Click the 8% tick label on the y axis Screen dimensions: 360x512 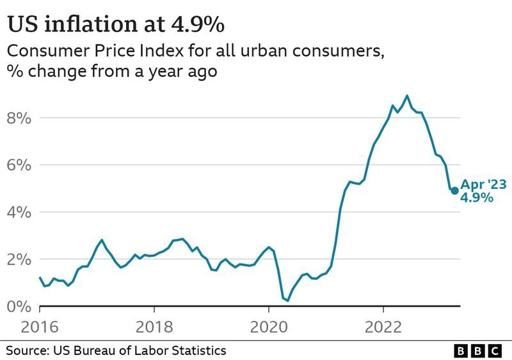tap(20, 119)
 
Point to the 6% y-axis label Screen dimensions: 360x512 tap(20, 165)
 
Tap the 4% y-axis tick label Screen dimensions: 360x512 tap(20, 213)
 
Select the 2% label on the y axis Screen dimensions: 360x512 tap(20, 259)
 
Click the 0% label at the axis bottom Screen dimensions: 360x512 tap(20, 306)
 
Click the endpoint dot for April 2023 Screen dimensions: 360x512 tap(454, 190)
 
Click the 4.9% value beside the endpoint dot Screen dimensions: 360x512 tap(477, 198)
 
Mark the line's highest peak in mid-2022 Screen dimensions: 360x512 tap(407, 96)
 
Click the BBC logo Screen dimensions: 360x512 tap(478, 350)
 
